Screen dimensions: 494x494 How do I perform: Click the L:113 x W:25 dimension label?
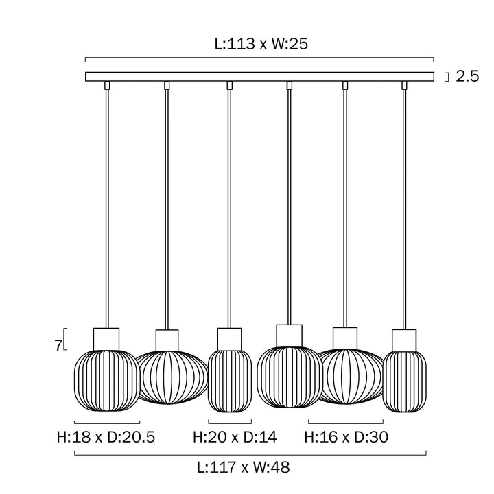tap(259, 45)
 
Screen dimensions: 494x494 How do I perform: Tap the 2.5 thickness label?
tap(467, 77)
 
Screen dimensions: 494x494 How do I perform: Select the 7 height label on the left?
tap(58, 345)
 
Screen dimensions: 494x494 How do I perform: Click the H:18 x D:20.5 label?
tap(106, 437)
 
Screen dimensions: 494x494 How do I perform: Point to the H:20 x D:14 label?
tap(230, 437)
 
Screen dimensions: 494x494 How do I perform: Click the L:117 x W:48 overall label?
tap(243, 469)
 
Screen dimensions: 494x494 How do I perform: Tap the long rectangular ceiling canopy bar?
tap(259, 77)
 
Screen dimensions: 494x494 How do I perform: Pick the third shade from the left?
tap(230, 381)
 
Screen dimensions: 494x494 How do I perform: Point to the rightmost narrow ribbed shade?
tap(405, 381)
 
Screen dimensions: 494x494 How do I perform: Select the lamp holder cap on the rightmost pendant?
tap(405, 340)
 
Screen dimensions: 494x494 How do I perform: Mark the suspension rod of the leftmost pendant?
tap(106, 206)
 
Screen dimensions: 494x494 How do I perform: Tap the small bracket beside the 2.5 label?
tap(446, 77)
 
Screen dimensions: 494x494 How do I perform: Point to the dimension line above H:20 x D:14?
tap(230, 421)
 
